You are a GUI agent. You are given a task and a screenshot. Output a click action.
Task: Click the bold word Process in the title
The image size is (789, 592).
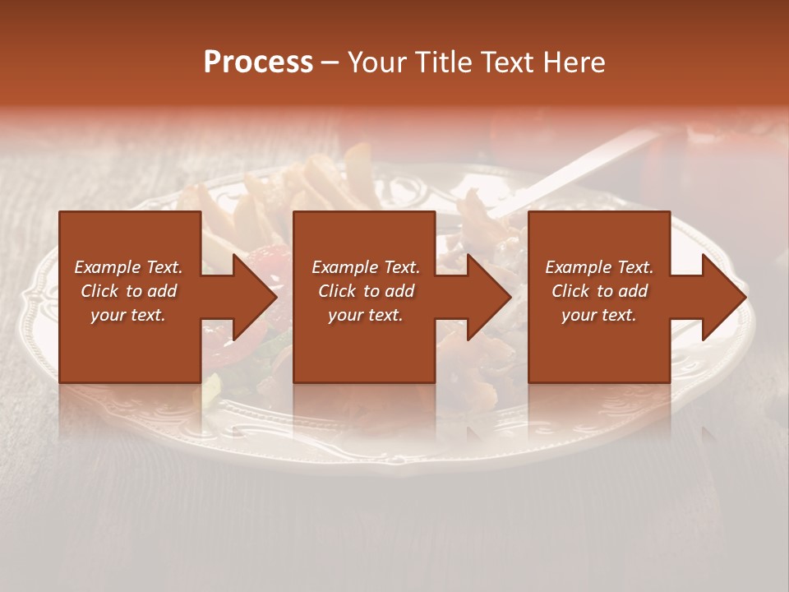click(x=258, y=62)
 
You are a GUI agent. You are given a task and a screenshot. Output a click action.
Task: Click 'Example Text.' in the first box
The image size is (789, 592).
click(x=128, y=267)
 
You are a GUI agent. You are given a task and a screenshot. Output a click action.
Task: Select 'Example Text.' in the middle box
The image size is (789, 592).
click(x=365, y=267)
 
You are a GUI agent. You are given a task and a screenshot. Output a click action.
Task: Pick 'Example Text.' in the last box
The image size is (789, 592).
click(x=599, y=267)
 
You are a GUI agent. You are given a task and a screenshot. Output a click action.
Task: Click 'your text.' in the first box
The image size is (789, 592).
click(x=128, y=315)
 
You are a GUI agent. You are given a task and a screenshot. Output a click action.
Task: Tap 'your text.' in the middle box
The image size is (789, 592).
click(x=365, y=315)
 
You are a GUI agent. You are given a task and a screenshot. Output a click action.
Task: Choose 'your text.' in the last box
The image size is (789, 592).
click(x=599, y=315)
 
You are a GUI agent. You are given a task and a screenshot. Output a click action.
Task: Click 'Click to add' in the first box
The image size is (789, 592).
click(x=128, y=291)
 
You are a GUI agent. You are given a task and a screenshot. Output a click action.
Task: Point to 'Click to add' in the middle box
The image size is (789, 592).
click(x=365, y=291)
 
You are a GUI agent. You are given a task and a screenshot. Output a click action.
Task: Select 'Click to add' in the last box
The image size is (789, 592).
click(x=599, y=291)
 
